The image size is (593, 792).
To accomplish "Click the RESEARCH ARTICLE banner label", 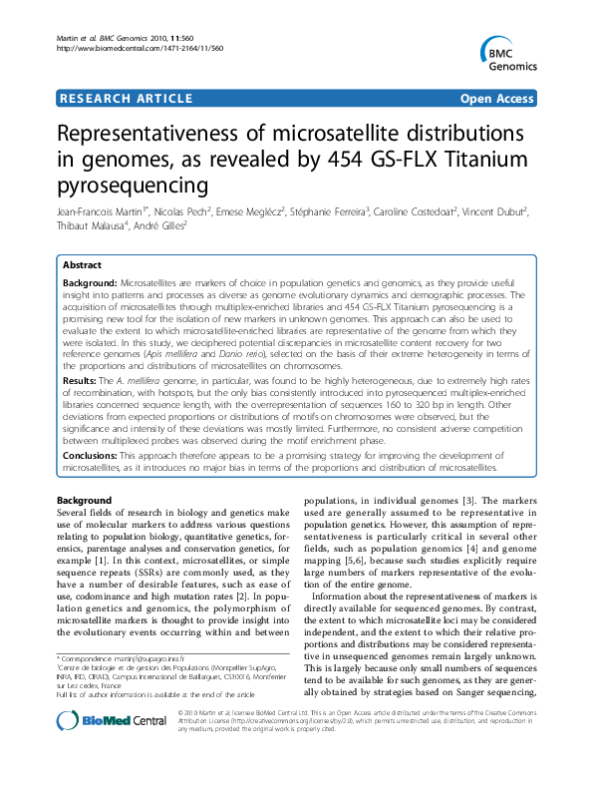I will tap(126, 98).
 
